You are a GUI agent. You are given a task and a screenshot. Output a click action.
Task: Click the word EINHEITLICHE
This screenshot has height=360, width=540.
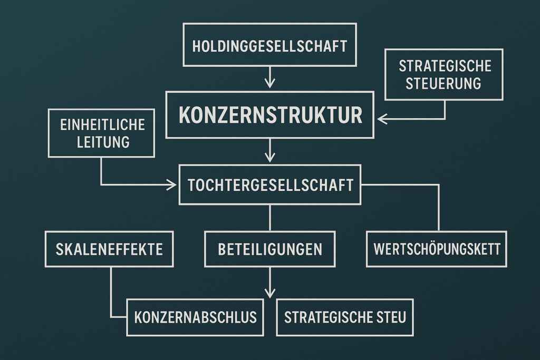point(103,124)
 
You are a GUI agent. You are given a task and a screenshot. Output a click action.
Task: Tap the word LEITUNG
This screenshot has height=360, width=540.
point(103,142)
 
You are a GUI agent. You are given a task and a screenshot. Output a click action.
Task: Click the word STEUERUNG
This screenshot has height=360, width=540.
point(443,84)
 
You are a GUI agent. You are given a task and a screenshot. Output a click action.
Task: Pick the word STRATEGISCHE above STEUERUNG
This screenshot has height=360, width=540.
point(445,66)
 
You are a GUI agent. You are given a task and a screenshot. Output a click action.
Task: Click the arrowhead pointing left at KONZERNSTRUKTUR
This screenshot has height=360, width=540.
point(382,119)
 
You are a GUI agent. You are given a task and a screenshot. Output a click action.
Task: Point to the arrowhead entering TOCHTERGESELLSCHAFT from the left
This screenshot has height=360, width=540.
point(171,185)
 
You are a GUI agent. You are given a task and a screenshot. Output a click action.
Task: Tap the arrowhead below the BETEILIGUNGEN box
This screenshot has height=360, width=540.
point(269,293)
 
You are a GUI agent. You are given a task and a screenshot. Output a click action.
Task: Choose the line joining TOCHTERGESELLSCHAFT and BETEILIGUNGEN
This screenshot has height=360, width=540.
point(269,218)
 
